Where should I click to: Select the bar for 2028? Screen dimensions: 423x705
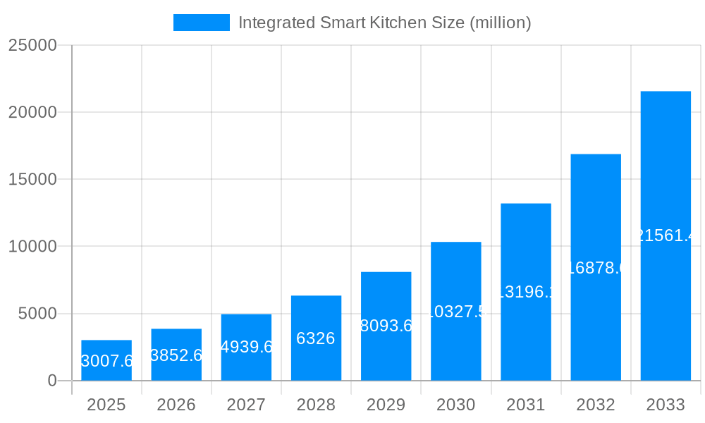[316, 317]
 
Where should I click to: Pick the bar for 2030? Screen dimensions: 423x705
[455, 282]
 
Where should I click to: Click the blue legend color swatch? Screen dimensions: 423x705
[202, 23]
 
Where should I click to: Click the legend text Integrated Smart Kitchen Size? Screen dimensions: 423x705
[384, 23]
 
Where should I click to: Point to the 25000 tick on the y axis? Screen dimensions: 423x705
[32, 45]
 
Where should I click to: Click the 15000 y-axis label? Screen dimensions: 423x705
[32, 179]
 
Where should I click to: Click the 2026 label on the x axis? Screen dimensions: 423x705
[176, 405]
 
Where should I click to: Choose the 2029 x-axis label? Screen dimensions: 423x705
[386, 405]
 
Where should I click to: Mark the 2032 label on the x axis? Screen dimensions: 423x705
[596, 405]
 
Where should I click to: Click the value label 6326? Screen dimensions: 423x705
[316, 338]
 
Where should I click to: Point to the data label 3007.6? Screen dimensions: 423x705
[106, 361]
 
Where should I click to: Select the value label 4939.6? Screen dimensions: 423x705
[246, 347]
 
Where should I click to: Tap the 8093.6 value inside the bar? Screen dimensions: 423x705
[386, 326]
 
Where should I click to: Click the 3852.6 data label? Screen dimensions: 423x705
[176, 355]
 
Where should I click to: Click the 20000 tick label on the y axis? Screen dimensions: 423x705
[32, 112]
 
